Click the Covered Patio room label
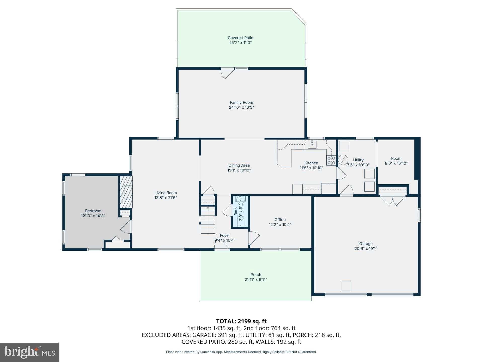pos(240,38)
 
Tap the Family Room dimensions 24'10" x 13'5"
pos(241,107)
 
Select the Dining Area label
pos(239,165)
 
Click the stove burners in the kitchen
pos(331,160)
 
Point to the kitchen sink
pos(312,144)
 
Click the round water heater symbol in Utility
pos(343,160)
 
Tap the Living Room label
pos(166,193)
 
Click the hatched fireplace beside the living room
pos(126,192)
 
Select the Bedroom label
pos(93,211)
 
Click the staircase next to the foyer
pos(209,215)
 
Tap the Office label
pos(280,220)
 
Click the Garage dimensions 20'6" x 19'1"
pos(366,249)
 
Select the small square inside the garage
pos(346,286)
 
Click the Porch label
pos(256,275)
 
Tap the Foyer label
pos(225,236)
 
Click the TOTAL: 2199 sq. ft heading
pos(241,321)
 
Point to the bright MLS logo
pos(29,352)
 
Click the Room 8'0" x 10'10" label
pos(396,161)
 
